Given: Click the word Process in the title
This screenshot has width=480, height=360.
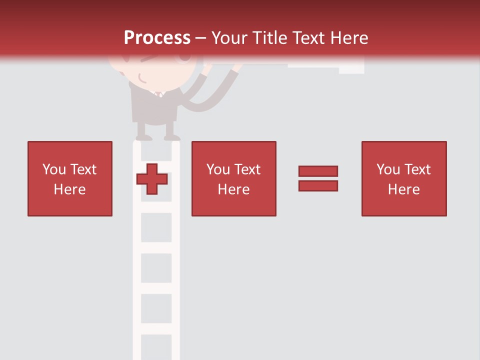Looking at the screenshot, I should [x=157, y=38].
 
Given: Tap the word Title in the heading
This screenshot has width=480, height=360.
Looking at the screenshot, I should [x=269, y=38].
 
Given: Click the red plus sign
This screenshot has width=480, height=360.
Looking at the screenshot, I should [x=152, y=178].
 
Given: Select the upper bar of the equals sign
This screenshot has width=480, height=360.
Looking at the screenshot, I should [x=318, y=171].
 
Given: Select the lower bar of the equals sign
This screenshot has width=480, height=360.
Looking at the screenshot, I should [x=318, y=185].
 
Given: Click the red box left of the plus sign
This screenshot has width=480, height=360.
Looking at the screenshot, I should [x=69, y=178].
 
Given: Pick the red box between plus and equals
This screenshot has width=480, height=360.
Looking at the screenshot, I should [x=233, y=178].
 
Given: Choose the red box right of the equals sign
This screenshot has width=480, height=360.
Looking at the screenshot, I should [x=403, y=178].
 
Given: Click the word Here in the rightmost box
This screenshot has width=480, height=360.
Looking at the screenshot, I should [x=403, y=189].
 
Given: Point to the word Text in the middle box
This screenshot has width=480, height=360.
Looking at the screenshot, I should [x=247, y=169].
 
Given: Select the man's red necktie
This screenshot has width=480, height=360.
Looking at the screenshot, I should [x=158, y=94].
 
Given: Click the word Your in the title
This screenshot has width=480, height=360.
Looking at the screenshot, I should [x=229, y=38].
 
